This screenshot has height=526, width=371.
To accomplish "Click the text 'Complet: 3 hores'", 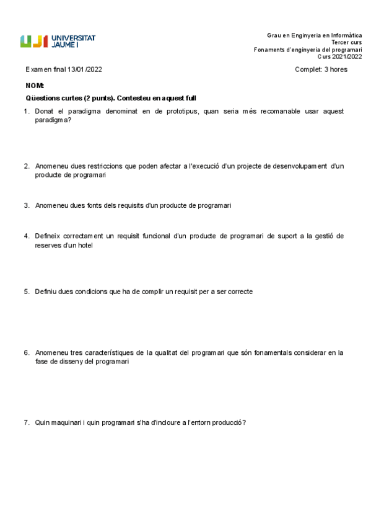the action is pyautogui.click(x=321, y=69).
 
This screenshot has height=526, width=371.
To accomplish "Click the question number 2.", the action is pyautogui.click(x=27, y=166).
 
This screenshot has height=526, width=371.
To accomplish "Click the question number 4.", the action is pyautogui.click(x=27, y=236).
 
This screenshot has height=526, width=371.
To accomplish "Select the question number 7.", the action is pyautogui.click(x=27, y=423).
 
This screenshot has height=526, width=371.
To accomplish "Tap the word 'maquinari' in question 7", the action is pyautogui.click(x=68, y=423).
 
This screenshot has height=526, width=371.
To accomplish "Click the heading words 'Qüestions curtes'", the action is pyautogui.click(x=53, y=98).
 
